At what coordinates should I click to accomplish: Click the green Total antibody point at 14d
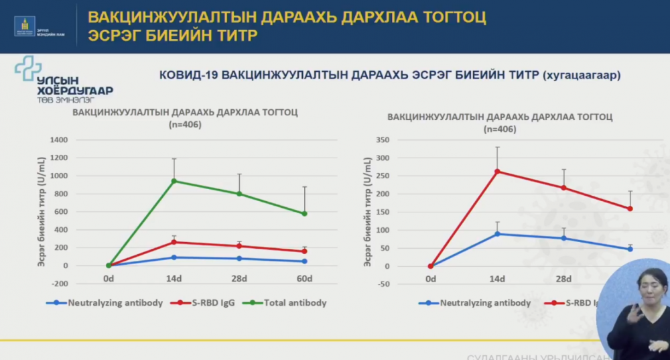tap(174, 181)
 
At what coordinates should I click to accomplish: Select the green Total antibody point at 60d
tap(304, 214)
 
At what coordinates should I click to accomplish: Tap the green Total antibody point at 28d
tap(239, 194)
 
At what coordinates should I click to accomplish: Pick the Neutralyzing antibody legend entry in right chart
tap(476, 303)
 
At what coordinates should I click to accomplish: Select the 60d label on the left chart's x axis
tap(304, 279)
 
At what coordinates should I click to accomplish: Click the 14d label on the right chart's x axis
tap(497, 279)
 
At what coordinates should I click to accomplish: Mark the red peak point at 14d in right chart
tap(497, 172)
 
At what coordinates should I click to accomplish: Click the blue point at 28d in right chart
tap(563, 238)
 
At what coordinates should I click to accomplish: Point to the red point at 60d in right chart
tap(630, 208)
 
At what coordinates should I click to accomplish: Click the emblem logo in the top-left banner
tap(25, 25)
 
